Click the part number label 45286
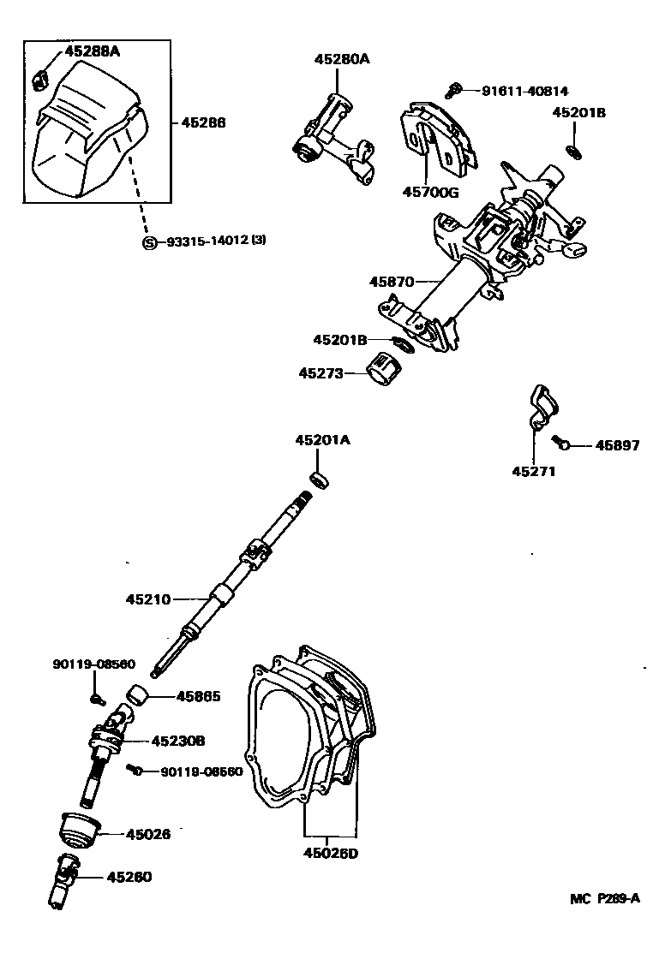[203, 123]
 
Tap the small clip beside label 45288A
[39, 80]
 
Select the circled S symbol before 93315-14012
[148, 242]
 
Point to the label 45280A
[341, 59]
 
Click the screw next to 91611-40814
[455, 88]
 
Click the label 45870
[392, 281]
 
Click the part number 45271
[536, 471]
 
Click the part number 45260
[129, 877]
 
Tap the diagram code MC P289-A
[605, 898]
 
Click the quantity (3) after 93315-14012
[259, 241]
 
